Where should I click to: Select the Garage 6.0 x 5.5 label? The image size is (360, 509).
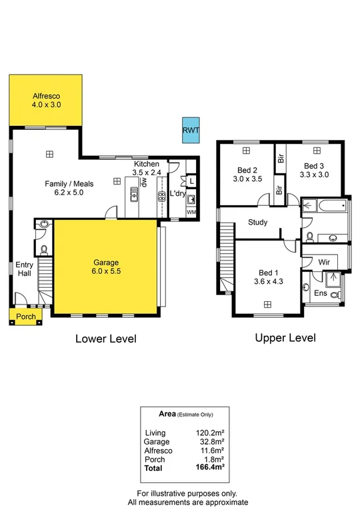tap(107, 267)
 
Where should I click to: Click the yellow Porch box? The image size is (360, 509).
tap(26, 316)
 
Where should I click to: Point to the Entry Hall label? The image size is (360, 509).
tap(24, 269)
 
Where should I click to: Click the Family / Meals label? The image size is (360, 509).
tap(69, 189)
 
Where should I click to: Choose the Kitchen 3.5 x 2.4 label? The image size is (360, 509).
tap(147, 168)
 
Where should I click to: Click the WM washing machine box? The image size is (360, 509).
tap(191, 213)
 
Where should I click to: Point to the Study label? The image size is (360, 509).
tap(257, 223)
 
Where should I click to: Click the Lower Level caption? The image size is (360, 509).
tap(105, 339)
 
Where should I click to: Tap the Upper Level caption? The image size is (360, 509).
tap(285, 338)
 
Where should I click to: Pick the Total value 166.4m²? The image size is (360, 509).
tap(210, 469)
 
